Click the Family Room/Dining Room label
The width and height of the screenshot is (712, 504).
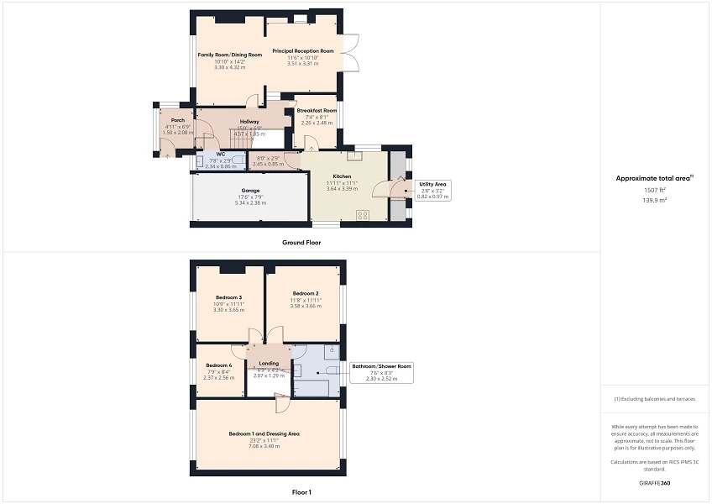coord(229,55)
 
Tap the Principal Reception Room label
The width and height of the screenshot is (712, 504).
coord(302,51)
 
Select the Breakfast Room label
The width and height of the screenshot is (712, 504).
coord(317,111)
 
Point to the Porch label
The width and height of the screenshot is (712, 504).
coord(165,120)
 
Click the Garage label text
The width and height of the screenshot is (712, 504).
coord(249,191)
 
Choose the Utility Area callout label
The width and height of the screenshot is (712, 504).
coord(433,183)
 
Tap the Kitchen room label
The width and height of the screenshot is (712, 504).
coord(342,176)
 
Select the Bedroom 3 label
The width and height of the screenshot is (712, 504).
coord(228,297)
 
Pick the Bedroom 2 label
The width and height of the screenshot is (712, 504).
coord(305,293)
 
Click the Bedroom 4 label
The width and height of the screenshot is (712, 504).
coord(218,365)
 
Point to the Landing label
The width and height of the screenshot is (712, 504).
coord(269,363)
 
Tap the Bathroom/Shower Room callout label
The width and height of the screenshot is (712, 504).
coord(382,366)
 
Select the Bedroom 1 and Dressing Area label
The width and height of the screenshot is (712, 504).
coord(264,433)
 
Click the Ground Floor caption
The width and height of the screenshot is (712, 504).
coord(301,243)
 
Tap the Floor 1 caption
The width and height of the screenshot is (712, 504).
coord(301,493)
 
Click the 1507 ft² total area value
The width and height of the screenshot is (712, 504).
coord(655,191)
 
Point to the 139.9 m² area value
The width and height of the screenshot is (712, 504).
coord(655,201)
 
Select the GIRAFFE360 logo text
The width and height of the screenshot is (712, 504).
coord(655,483)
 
